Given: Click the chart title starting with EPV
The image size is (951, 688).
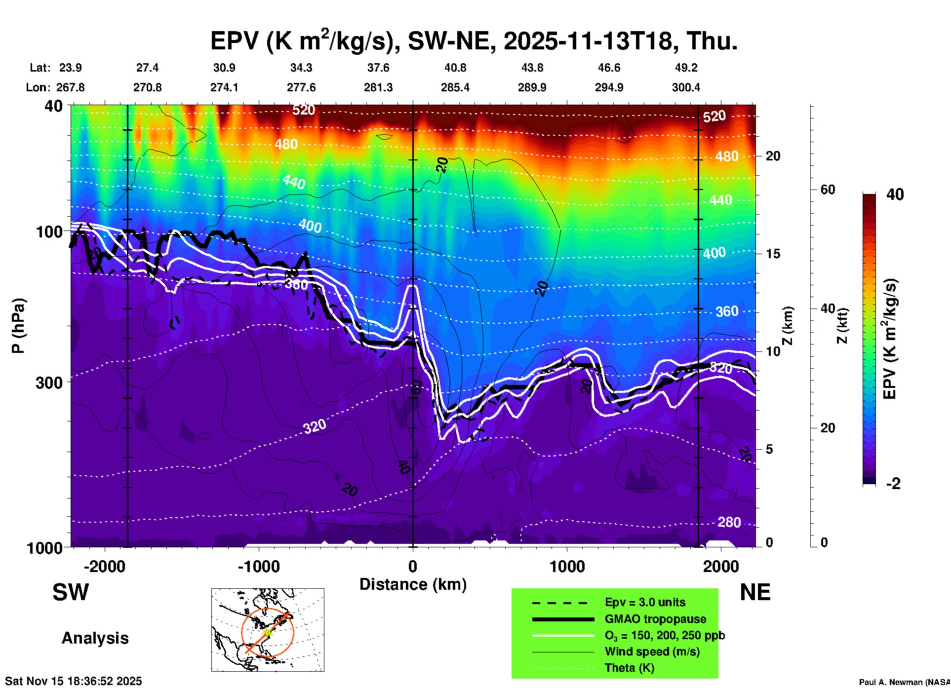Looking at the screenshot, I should pos(474,40).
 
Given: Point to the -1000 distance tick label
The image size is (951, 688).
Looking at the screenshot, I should pos(258,566).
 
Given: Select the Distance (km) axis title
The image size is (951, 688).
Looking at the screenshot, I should pos(413,584).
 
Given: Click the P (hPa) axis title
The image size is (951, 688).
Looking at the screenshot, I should pos(18,326).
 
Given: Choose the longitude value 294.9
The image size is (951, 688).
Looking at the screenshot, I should pos(608,87).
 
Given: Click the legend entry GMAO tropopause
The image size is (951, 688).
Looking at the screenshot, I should pos(655,619).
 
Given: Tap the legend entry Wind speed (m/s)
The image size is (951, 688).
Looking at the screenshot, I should pos(652,651).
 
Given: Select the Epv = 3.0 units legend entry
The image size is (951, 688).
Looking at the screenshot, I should pos(645,602).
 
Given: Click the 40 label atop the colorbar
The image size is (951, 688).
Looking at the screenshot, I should pos(895,194).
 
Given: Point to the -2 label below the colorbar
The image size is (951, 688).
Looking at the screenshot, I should pos(893,483).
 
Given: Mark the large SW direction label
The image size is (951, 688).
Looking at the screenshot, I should pos(71,592).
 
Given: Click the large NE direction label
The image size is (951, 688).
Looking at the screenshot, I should pos(755,592).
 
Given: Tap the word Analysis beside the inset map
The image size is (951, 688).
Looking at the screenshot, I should pos(95,638).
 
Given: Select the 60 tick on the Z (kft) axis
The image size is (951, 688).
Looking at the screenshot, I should pos(828,190).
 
